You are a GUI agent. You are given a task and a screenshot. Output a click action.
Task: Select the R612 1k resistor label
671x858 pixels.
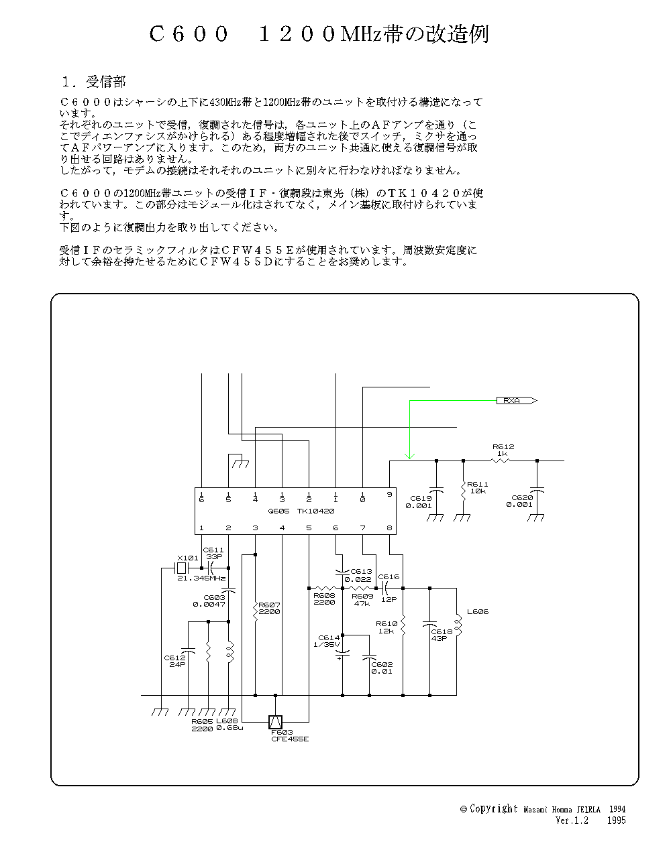503,450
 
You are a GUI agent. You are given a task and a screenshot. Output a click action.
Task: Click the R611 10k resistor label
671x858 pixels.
478,487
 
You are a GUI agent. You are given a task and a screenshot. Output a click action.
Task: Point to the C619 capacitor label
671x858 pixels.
420,502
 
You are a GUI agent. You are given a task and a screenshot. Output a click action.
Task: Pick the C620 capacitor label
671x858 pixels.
521,501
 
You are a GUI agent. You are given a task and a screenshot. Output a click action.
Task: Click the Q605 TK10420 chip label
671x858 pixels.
301,511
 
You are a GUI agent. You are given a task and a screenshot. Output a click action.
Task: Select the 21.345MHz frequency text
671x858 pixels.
201,578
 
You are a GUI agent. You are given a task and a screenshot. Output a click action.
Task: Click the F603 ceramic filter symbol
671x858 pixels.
275,722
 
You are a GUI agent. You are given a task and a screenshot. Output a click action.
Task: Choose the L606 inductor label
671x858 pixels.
477,611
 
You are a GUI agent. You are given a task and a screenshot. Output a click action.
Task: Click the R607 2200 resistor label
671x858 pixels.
268,608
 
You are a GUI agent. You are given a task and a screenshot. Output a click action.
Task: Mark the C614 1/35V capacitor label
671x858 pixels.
329,641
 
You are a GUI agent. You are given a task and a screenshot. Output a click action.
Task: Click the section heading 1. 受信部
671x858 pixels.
93,82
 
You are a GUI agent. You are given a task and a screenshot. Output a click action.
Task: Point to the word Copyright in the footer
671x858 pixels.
494,809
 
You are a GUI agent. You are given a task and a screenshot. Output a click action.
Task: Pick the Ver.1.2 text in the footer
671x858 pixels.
572,820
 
